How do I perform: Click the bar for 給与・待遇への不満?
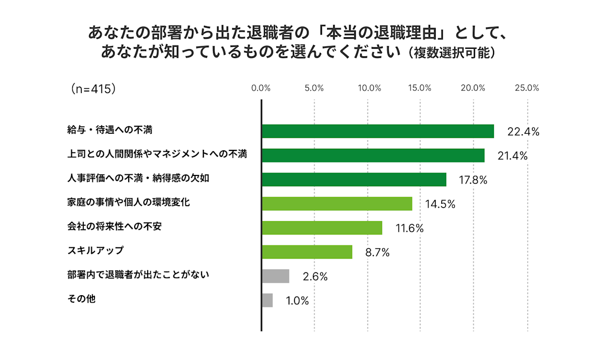tap(377, 131)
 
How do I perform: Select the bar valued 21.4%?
tap(373, 155)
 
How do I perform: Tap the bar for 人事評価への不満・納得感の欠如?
tap(354, 179)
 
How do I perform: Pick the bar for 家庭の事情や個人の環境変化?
tap(337, 204)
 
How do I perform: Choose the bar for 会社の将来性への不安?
tap(322, 228)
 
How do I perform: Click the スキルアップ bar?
tap(307, 251)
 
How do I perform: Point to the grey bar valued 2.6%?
tap(275, 276)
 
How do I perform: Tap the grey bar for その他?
tap(267, 300)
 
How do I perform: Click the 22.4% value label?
tap(523, 132)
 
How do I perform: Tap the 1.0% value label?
tap(297, 301)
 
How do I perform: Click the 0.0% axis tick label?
tap(261, 88)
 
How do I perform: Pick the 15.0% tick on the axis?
tap(420, 88)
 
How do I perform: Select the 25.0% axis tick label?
tap(527, 88)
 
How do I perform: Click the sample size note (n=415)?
tap(94, 88)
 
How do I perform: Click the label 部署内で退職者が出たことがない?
tap(138, 275)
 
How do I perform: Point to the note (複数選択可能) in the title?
tap(451, 53)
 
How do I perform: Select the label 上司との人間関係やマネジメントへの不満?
tap(157, 154)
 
